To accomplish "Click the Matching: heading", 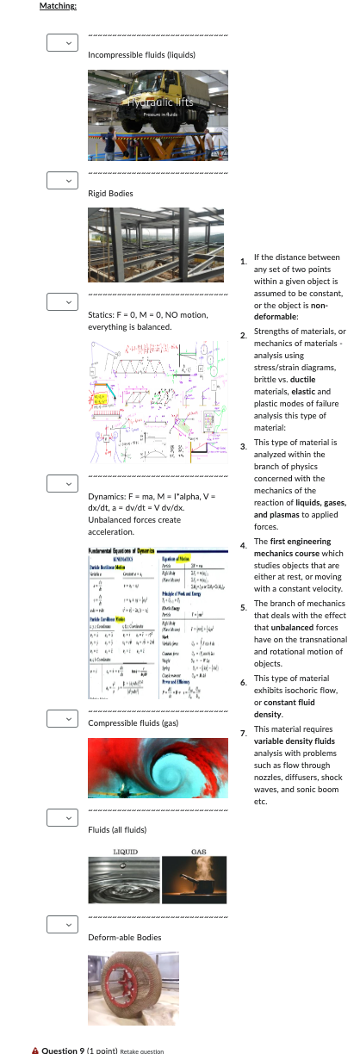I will point(58,7).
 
